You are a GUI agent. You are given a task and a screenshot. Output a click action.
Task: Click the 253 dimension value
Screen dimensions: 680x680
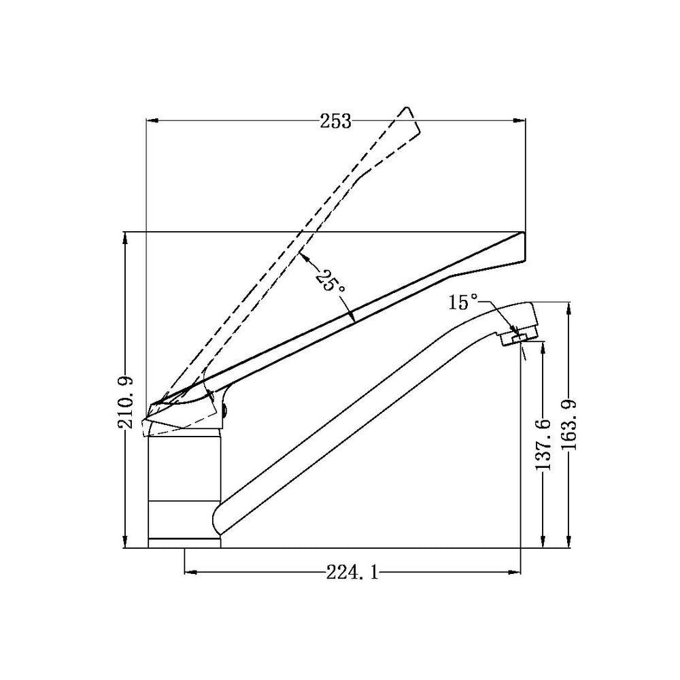tap(335, 122)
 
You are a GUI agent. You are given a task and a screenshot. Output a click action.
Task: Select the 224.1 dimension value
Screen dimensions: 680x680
tap(352, 573)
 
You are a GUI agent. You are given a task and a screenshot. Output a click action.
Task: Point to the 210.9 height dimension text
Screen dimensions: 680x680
tap(126, 403)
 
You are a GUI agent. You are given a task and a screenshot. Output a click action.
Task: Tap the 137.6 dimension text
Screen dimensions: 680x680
tap(543, 445)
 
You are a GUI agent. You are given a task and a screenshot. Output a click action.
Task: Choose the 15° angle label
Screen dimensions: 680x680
tap(462, 302)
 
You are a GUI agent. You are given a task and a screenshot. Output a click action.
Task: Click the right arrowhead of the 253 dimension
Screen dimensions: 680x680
tap(519, 121)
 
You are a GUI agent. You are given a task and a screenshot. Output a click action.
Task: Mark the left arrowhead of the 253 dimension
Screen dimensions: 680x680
tap(152, 121)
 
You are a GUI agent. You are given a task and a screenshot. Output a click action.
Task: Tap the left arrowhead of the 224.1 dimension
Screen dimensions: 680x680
tap(191, 573)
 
